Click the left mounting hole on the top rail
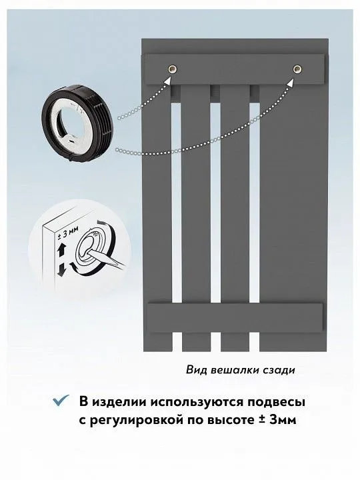point(173,69)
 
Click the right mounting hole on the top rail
point(297,69)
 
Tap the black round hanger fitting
point(77,123)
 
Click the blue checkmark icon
point(61,401)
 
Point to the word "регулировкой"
point(135,421)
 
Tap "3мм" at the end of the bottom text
point(283,419)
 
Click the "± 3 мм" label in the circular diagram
point(68,236)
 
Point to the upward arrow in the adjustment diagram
point(60,251)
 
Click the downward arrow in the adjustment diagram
point(61,269)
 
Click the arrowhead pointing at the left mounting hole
point(168,81)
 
